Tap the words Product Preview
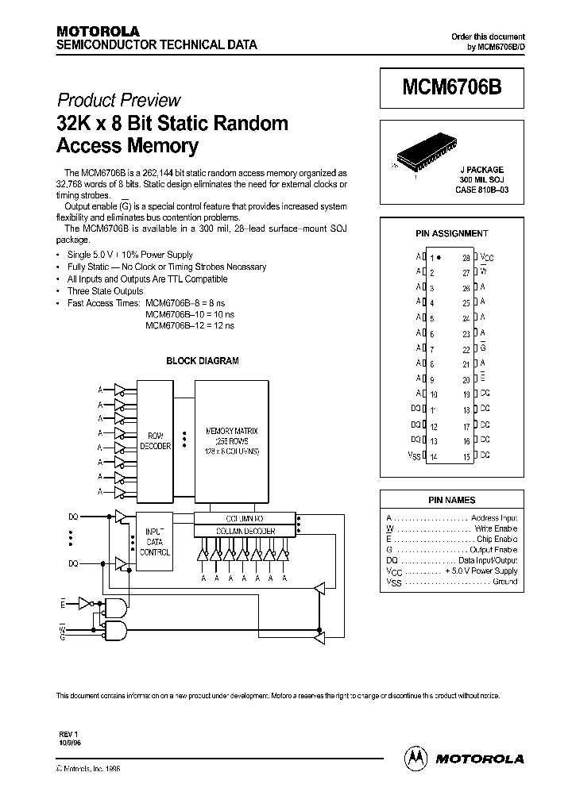pos(118,100)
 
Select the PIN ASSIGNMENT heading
pos(451,234)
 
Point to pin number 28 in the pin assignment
pos(466,258)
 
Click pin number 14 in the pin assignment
pos(434,456)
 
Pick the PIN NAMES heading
pos(451,500)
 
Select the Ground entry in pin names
pos(504,582)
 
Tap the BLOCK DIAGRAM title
pos(202,360)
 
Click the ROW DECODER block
pos(155,441)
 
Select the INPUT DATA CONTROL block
pos(154,541)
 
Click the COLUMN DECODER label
pos(246,531)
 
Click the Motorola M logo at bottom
pos(416,758)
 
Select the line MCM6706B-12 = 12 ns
pos(190,325)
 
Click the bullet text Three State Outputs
pos(105,291)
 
